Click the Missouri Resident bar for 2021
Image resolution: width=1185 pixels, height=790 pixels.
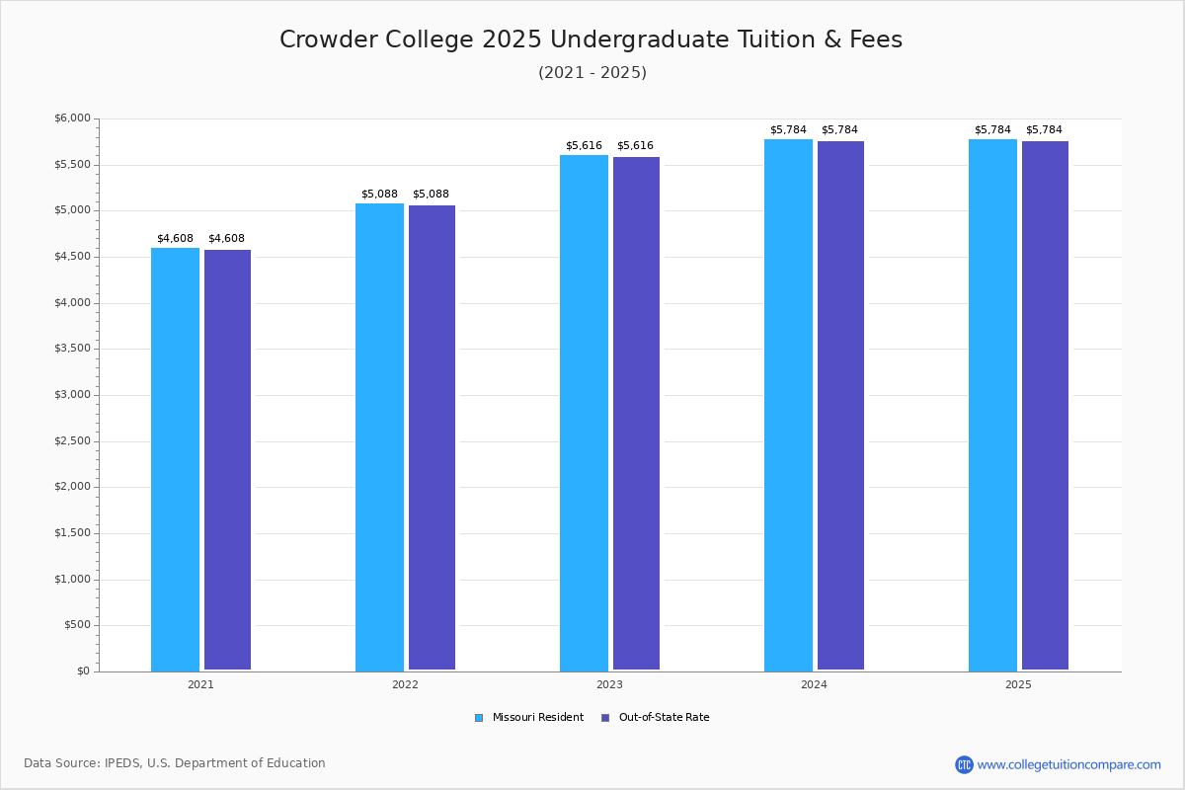175,459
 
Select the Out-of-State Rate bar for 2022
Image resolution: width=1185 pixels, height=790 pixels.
432,437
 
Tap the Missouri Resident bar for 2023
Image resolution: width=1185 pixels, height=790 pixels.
584,413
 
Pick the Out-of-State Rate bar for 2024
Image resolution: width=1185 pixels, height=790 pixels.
840,405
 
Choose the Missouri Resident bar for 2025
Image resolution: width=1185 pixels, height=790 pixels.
992,405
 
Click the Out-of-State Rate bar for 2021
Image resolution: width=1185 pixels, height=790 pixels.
227,460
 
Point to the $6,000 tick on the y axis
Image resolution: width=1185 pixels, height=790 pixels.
72,118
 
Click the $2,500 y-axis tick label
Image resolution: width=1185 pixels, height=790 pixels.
72,441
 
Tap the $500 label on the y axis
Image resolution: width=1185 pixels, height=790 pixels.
77,625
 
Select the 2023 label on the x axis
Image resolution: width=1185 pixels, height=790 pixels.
609,684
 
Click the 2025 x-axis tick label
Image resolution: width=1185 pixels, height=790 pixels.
1018,684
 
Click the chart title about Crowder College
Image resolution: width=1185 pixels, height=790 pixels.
591,39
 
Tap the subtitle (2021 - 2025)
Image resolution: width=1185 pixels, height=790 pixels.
592,73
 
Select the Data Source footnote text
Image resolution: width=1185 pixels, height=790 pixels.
175,763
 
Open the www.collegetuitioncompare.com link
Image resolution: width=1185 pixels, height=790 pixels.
1068,764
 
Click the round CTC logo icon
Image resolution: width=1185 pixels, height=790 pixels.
964,764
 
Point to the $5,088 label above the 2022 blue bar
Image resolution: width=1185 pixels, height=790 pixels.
379,195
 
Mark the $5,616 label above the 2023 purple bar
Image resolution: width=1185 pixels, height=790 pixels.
635,146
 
